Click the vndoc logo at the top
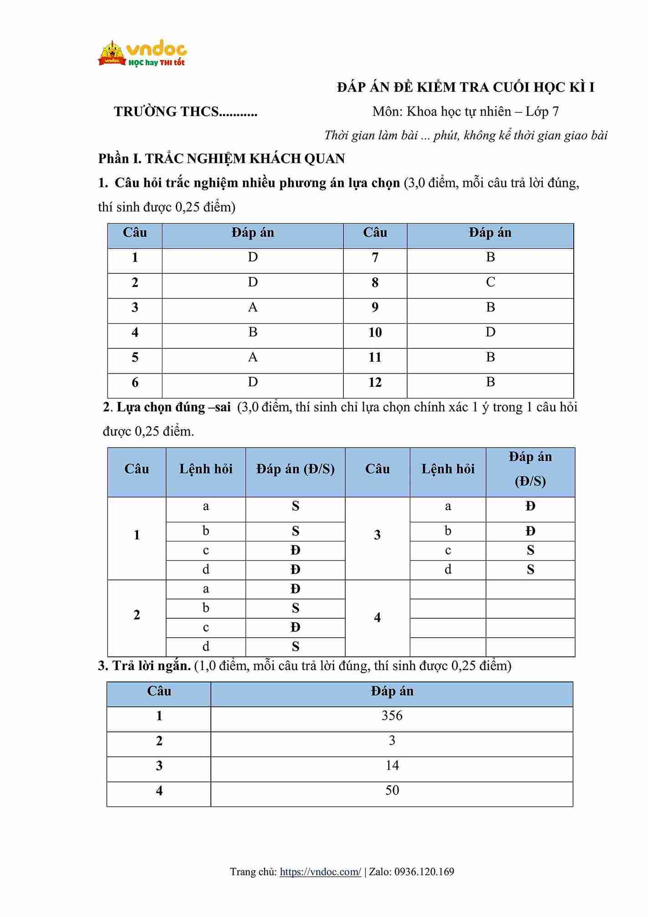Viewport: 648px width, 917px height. pos(142,54)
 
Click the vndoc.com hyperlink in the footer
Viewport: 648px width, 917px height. pos(320,871)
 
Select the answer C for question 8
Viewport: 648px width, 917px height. pos(490,282)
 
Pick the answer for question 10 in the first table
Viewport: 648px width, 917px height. pos(490,332)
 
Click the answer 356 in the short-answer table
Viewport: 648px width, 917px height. pos(392,716)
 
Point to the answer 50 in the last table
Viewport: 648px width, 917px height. pos(392,790)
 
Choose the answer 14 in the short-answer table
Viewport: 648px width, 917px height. pos(392,765)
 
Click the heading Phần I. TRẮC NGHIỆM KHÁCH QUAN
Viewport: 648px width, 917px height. pos(221,159)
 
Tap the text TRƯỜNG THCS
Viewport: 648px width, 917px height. pos(185,112)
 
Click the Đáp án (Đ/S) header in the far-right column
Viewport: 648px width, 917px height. pos(530,469)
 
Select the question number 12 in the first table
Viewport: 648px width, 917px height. pos(375,382)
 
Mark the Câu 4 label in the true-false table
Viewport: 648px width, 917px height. pos(377,618)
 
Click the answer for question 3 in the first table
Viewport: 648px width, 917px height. pos(253,307)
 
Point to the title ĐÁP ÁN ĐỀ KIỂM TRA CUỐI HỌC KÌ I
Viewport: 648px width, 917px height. pos(465,87)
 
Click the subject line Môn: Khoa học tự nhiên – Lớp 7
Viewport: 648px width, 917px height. pos(465,112)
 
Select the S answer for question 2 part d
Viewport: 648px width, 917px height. pos(296,646)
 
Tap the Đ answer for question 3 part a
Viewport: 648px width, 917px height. pos(530,506)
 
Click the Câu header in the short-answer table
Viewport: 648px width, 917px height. pos(159,691)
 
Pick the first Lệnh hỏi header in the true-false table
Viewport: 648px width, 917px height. pos(206,469)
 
